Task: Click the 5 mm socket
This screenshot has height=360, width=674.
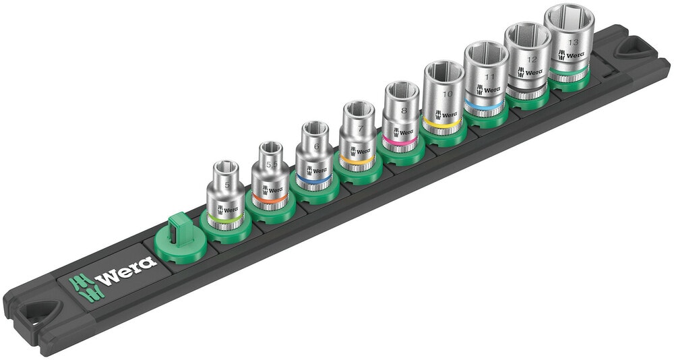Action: [x=222, y=196]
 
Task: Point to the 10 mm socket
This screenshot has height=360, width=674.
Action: [x=443, y=94]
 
